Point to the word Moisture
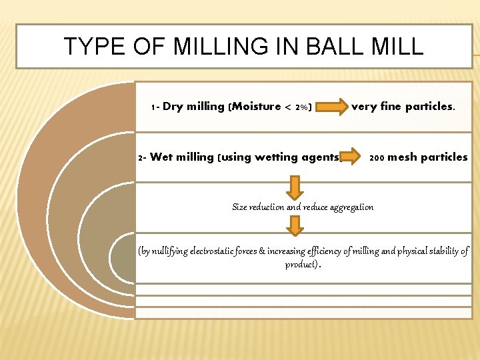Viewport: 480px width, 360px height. click(257, 107)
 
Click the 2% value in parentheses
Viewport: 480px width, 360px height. click(301, 107)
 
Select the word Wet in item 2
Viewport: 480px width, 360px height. click(162, 157)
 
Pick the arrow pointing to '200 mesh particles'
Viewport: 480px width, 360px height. click(351, 158)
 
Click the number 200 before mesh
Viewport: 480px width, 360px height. click(377, 158)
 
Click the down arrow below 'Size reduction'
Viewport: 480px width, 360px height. click(295, 225)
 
